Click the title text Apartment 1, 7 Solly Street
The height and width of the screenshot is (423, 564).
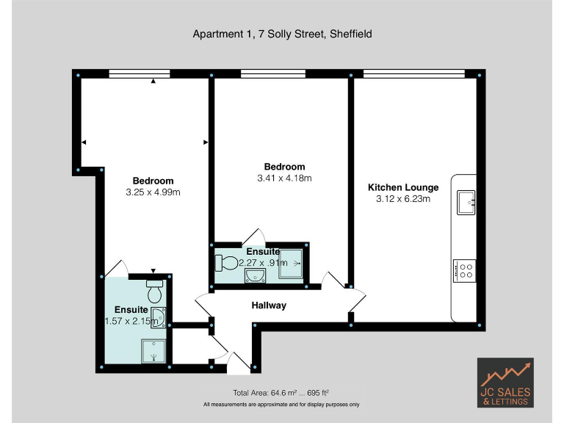point(282,34)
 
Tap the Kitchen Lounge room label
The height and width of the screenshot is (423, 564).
point(402,187)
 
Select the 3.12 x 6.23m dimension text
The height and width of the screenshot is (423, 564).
point(402,199)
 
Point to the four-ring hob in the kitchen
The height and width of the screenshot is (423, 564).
point(464,270)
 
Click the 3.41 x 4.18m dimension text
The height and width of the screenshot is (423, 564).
point(284,178)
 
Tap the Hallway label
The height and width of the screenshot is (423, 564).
point(269,305)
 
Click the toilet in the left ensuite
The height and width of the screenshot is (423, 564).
point(154,292)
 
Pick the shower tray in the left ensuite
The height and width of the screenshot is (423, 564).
point(154,351)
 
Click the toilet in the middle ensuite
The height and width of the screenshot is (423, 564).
point(228,261)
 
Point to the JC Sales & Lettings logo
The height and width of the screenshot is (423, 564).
point(505,383)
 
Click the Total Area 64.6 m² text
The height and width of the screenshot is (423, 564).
point(282,392)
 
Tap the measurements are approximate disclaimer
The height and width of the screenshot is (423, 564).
point(282,405)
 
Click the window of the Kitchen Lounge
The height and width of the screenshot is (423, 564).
point(414,72)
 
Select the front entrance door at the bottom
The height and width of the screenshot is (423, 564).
point(239,361)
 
